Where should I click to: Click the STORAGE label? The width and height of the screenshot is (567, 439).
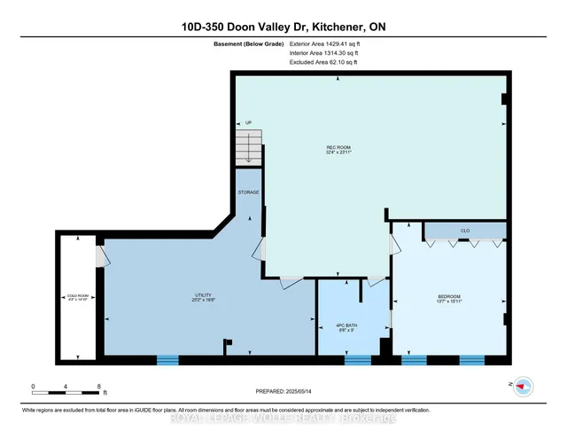(248, 192)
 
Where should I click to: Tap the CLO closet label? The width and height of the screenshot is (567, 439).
(464, 231)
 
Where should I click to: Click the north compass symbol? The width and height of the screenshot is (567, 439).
(522, 386)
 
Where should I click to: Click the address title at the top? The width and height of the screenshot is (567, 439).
(283, 27)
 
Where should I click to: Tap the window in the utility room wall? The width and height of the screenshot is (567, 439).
(167, 359)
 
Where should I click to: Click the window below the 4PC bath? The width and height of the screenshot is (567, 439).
(357, 359)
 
